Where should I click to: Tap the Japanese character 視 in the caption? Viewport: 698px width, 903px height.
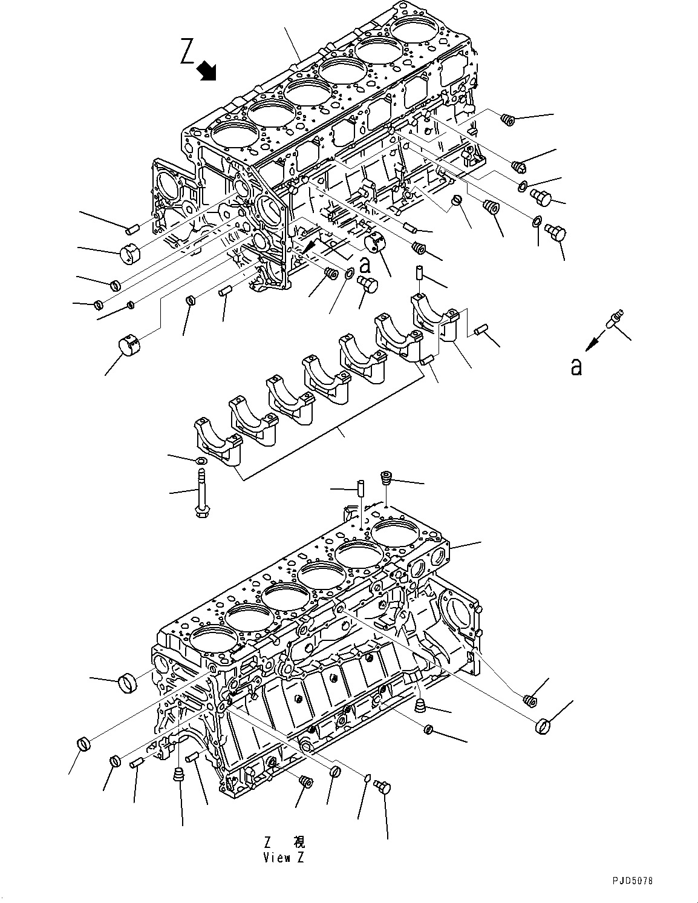[x=299, y=842]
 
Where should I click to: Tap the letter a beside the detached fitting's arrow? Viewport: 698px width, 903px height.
[x=576, y=366]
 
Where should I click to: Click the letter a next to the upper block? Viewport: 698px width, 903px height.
[x=365, y=264]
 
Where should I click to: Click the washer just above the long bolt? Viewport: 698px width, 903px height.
[x=201, y=461]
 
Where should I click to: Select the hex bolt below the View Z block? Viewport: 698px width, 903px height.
[x=383, y=788]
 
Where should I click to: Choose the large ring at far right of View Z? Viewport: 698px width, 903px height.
[x=542, y=726]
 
